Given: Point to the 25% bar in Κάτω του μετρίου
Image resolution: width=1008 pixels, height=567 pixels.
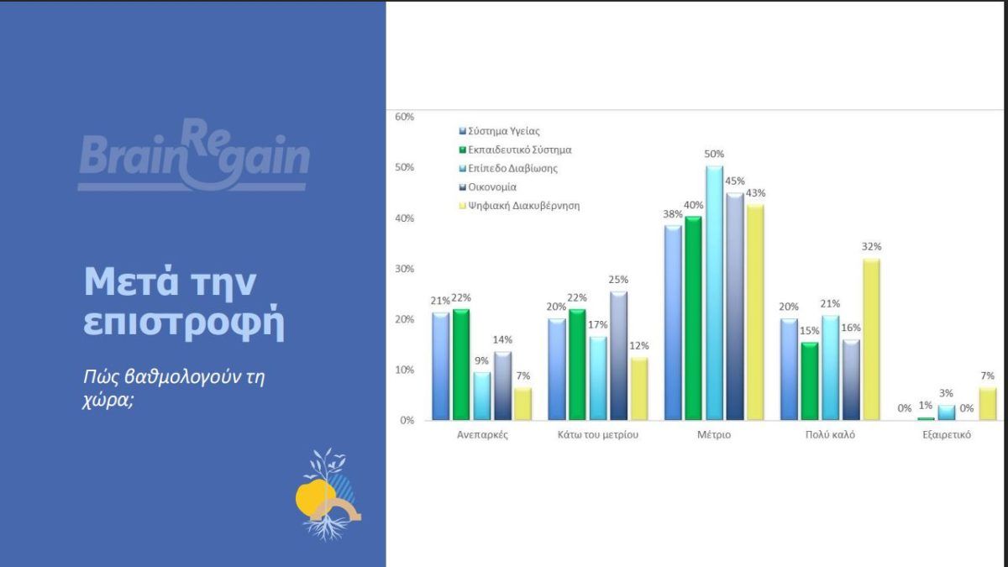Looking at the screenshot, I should [x=618, y=355].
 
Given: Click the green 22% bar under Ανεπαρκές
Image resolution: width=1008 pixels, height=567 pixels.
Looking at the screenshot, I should [x=461, y=364].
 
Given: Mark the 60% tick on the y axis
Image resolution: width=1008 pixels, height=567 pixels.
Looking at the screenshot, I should [x=404, y=117].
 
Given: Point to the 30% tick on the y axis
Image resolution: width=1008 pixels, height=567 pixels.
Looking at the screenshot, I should [x=404, y=269].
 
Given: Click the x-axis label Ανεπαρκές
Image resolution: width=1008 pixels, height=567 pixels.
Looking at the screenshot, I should [x=471, y=435].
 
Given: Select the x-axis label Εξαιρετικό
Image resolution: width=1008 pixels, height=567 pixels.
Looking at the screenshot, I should [x=946, y=435].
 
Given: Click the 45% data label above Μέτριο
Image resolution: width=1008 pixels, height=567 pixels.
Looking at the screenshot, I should [x=735, y=181].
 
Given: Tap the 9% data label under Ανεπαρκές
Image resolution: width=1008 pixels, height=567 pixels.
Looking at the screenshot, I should [x=482, y=361].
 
